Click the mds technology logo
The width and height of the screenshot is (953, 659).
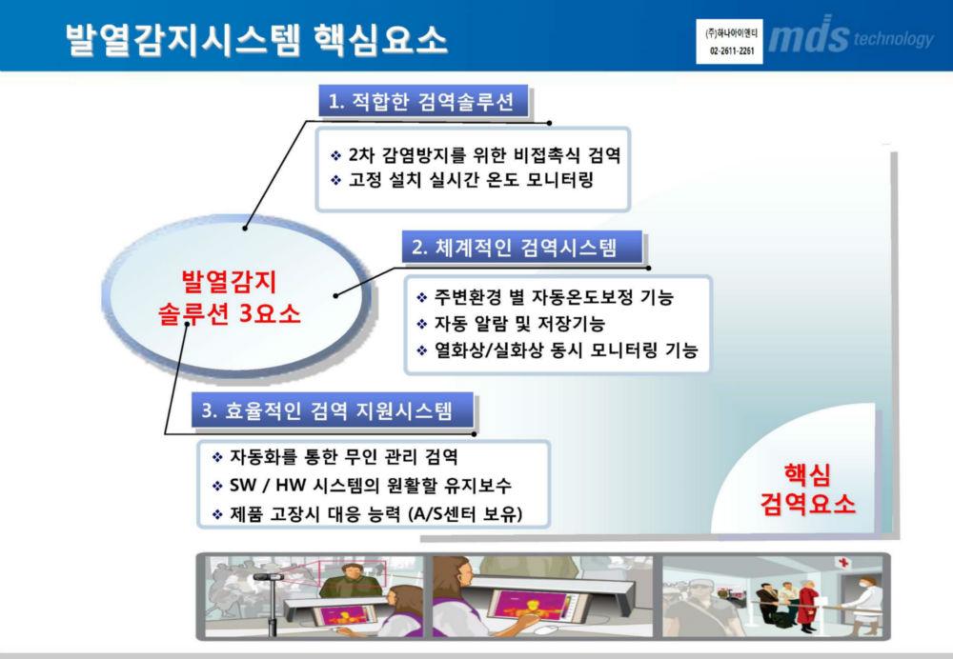coord(850,36)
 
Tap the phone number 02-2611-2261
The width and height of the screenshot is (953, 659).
coord(730,51)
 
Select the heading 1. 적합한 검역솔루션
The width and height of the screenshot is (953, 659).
coord(421,101)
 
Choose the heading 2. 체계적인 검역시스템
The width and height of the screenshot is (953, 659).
coord(515,248)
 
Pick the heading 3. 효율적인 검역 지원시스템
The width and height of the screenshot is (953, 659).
coord(326,410)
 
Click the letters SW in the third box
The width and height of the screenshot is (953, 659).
coord(243,486)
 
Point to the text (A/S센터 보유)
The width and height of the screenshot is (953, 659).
coord(465,514)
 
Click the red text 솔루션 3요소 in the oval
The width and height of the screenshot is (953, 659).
coord(229,314)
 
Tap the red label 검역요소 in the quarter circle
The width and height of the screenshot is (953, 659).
coord(808,504)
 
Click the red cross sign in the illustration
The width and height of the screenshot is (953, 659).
coord(843,563)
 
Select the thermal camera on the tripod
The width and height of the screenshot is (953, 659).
coord(270,577)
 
